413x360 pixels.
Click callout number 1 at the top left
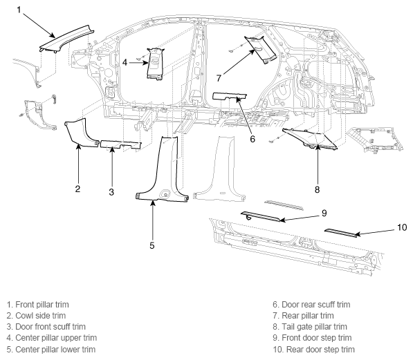pyautogui.click(x=19, y=10)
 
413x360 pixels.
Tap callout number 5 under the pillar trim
pyautogui.click(x=152, y=245)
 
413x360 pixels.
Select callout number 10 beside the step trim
pyautogui.click(x=402, y=227)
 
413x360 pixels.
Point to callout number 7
pyautogui.click(x=219, y=78)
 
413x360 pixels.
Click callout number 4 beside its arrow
pyautogui.click(x=125, y=62)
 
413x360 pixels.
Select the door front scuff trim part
pyautogui.click(x=120, y=144)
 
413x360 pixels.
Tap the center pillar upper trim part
pyautogui.click(x=155, y=64)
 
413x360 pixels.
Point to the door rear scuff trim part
pyautogui.click(x=229, y=97)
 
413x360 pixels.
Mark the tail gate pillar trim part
pyautogui.click(x=310, y=138)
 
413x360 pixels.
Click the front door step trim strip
pyautogui.click(x=261, y=216)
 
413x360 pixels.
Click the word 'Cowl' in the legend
pyautogui.click(x=24, y=316)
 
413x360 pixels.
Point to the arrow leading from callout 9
pyautogui.click(x=300, y=218)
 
